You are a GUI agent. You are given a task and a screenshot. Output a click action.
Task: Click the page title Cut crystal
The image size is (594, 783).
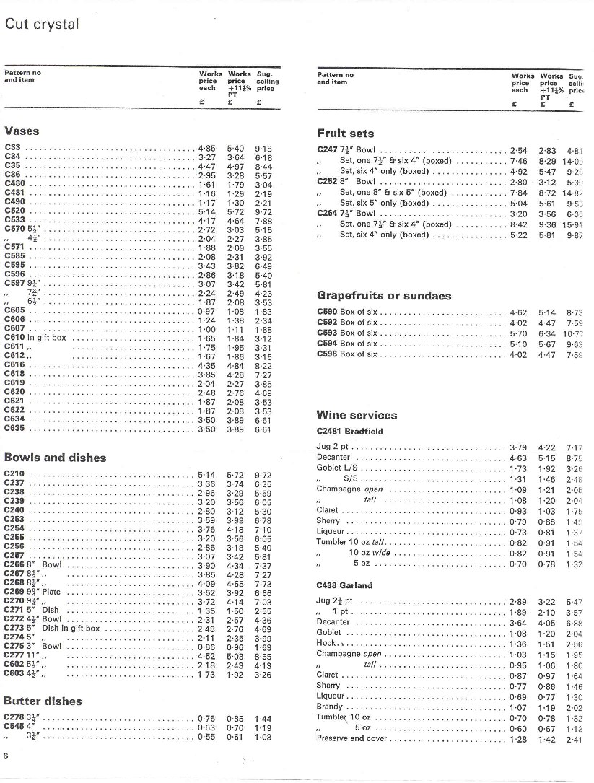tap(42, 24)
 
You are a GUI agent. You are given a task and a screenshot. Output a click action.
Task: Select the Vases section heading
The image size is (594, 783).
tap(22, 131)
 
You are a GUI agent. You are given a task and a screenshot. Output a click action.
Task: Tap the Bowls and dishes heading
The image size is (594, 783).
tap(55, 458)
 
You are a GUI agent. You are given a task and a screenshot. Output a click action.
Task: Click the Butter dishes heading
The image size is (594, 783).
tap(43, 701)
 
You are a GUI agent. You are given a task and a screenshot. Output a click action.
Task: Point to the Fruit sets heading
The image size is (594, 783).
tap(346, 134)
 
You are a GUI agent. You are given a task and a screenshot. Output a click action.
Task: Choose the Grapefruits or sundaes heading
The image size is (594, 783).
tap(384, 296)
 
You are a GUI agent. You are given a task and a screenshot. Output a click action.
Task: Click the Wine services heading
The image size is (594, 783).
tap(357, 415)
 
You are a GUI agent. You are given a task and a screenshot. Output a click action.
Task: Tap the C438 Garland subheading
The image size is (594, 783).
tap(344, 585)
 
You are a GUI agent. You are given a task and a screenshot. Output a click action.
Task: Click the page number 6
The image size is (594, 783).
tap(6, 756)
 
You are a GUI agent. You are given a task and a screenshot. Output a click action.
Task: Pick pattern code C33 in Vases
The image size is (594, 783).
tap(12, 148)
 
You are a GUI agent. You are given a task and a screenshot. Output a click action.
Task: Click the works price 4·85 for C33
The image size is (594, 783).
tap(206, 148)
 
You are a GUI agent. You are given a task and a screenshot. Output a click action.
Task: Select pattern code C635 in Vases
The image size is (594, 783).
tap(14, 429)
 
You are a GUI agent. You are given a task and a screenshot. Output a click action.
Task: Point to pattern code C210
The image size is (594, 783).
tap(14, 474)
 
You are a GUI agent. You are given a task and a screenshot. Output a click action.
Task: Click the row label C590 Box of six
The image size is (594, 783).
tap(347, 312)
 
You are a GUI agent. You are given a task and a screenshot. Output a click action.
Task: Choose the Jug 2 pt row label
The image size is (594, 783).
tap(334, 448)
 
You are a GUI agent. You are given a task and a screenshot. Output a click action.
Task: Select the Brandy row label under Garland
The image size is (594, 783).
tap(329, 707)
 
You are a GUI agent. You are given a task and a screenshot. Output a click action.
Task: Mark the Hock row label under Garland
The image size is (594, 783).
tap(326, 644)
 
